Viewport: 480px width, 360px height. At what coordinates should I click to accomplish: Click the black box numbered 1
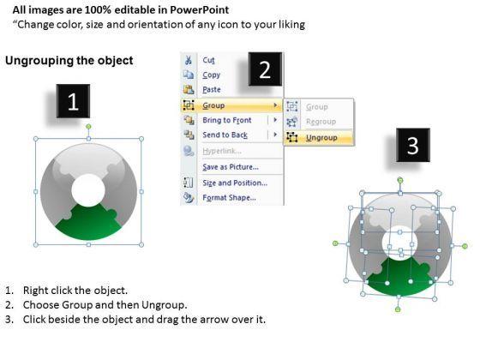pos(73,101)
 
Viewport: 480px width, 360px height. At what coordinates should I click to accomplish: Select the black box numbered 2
pos(265,69)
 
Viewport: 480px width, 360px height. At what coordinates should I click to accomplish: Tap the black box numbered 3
pos(413,145)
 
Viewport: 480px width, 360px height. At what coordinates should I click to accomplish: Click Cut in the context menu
pos(209,60)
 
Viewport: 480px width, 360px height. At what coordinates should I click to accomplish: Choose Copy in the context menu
pos(211,75)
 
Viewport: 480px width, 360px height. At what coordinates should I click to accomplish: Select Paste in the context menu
pos(212,90)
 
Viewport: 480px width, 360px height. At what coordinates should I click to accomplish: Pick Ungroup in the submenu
pos(321,138)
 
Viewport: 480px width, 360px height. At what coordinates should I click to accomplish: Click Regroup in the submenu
pos(321,122)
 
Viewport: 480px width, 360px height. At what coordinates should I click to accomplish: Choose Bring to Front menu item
pos(227,120)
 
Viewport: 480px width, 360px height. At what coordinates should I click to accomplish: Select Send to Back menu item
pos(225,135)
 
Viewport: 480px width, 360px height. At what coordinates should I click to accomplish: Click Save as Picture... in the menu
pos(231,167)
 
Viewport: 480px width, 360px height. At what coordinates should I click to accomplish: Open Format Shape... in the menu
pos(230,197)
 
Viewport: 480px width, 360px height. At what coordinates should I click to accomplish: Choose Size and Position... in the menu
pos(235,183)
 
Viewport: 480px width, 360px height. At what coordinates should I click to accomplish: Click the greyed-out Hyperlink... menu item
pos(222,151)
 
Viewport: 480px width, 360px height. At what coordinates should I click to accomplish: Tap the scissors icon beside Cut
pos(188,60)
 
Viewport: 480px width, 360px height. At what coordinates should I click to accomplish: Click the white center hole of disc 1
pos(88,189)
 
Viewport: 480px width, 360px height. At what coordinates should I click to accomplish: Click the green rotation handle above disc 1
pos(88,127)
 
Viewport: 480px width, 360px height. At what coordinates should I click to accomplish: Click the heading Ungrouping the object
pos(69,60)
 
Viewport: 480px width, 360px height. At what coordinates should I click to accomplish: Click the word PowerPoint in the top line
pos(199,9)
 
